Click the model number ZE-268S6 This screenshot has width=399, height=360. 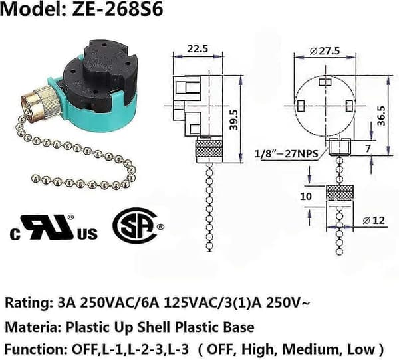[118, 9]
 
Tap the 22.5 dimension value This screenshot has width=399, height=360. [198, 48]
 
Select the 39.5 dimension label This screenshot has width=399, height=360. [233, 120]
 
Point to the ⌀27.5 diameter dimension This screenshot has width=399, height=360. [325, 51]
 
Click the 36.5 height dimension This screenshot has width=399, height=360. [382, 116]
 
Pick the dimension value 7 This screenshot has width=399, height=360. [368, 149]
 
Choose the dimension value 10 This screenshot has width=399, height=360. [306, 196]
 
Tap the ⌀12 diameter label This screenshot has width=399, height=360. [374, 221]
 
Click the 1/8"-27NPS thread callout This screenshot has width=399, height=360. [287, 154]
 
